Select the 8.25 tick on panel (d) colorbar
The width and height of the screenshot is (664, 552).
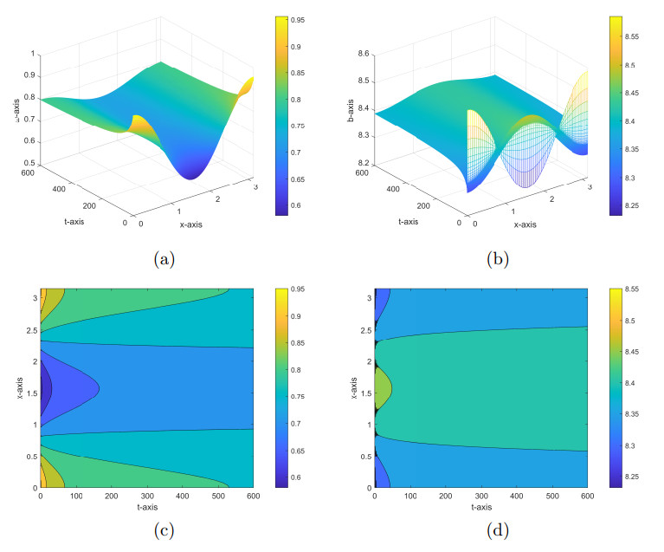click(639, 477)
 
